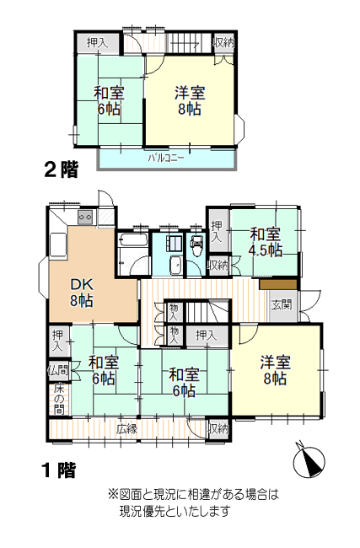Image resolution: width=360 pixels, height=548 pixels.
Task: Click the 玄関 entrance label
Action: (x=282, y=304)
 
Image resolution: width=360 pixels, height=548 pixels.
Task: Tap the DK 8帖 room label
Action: (x=82, y=293)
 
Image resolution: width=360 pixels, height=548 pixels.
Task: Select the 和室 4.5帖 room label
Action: (x=266, y=242)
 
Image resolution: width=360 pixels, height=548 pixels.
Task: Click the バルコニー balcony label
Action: (x=166, y=158)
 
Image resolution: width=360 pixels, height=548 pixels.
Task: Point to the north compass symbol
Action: (x=309, y=460)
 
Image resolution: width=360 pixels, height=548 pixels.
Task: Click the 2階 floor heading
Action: (x=61, y=169)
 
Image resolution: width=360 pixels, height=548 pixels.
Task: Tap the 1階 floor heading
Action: (x=58, y=470)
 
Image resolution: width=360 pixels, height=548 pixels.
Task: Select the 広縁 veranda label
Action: (x=126, y=429)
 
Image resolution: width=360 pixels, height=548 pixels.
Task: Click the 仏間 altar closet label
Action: (x=59, y=370)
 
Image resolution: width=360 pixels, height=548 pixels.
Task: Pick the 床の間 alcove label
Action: (x=59, y=399)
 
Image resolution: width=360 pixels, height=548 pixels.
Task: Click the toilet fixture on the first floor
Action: (x=196, y=245)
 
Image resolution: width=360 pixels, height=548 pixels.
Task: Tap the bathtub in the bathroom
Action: (x=133, y=240)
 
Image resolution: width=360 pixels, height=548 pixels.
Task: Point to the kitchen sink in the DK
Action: (x=58, y=244)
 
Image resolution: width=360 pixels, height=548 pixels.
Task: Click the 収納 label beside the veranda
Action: (x=218, y=428)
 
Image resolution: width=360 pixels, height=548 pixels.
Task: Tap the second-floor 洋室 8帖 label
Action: (x=190, y=100)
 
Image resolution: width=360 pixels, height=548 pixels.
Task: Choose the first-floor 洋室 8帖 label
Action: (x=275, y=370)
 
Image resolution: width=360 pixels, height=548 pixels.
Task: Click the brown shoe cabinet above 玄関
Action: (x=278, y=284)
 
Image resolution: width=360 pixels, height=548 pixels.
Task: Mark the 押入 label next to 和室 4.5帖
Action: (x=217, y=231)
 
